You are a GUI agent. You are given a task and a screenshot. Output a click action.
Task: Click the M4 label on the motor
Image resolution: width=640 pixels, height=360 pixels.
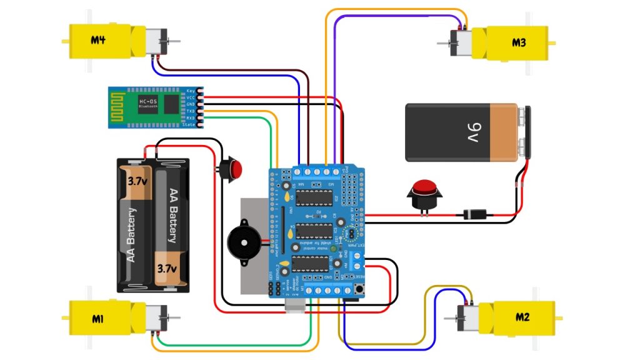pos(98,41)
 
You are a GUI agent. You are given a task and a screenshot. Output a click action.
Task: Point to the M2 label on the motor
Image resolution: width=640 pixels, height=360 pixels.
pos(522,317)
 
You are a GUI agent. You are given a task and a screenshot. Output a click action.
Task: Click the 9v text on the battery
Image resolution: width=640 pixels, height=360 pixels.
pos(472,132)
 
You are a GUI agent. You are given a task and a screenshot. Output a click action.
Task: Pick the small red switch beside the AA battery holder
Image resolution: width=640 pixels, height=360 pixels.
pos(232,167)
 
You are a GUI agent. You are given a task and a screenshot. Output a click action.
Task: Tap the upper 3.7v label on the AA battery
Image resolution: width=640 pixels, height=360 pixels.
pos(137,182)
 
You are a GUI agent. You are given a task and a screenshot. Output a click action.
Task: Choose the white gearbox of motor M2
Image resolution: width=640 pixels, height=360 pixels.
pos(467,317)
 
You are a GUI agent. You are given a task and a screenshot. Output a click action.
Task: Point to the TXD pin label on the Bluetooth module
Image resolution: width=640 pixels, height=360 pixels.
pos(191,111)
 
